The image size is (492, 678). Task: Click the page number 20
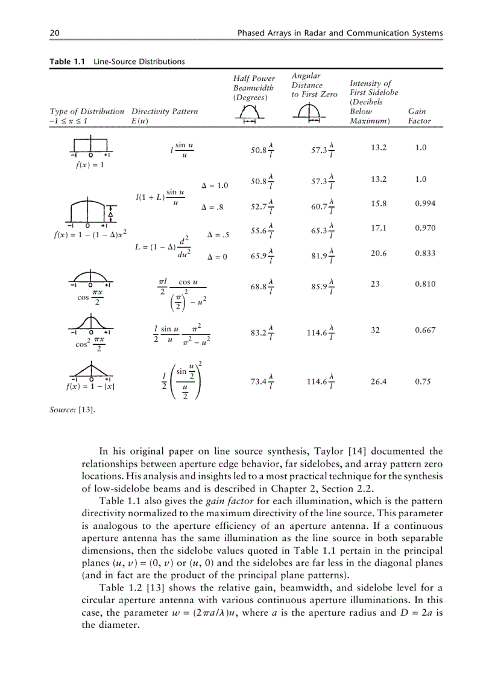[54, 33]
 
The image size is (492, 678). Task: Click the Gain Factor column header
[419, 116]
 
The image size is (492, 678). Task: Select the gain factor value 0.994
[425, 203]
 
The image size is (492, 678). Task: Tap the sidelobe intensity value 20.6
[378, 254]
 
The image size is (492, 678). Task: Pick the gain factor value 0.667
[425, 330]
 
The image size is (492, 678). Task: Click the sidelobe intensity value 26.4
[378, 382]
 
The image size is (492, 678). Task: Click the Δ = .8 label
[212, 208]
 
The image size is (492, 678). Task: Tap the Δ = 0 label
[216, 257]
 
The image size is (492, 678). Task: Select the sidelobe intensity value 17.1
[378, 228]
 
